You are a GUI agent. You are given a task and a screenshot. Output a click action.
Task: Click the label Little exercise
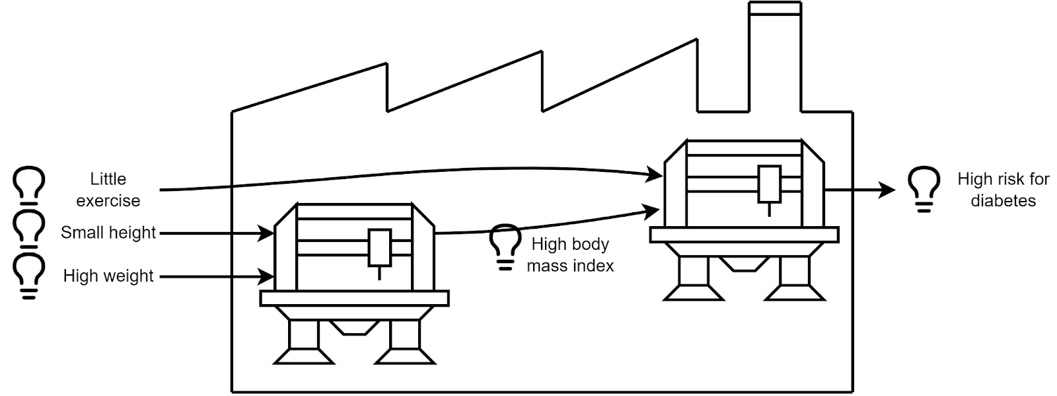pos(108,189)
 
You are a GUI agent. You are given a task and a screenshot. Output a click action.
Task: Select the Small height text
pos(108,233)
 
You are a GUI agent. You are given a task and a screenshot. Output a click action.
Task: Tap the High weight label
pos(108,276)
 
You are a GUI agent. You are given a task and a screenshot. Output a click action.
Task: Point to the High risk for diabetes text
pos(1003,189)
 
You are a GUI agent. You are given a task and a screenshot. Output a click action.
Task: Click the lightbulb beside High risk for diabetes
pos(924,187)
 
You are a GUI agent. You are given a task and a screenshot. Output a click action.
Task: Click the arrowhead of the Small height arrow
pos(268,233)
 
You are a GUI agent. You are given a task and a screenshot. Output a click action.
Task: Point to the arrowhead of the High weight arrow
pos(268,276)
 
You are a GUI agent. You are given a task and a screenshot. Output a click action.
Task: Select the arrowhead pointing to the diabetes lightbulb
pos(887,190)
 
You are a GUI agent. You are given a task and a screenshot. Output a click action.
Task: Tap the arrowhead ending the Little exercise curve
pos(656,175)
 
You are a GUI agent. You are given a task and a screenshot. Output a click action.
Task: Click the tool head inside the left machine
pos(379,248)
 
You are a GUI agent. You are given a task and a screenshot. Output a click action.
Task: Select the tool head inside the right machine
pos(769,184)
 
